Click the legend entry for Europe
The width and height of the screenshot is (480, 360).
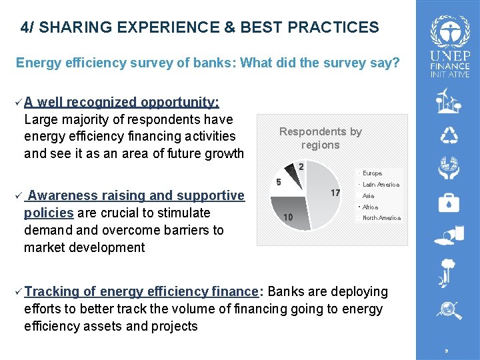371,173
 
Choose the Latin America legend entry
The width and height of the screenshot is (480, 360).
380,185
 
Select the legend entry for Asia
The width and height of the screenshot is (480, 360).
367,196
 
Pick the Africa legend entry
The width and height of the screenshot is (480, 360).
369,207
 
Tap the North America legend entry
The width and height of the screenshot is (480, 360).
381,218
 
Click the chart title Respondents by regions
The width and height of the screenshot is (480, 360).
320,138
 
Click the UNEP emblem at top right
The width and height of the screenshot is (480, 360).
449,31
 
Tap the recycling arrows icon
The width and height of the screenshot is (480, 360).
449,135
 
